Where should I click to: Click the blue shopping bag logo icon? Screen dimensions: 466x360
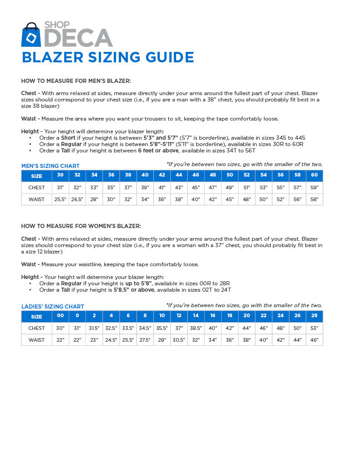click(31, 35)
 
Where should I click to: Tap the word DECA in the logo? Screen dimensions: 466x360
click(78, 38)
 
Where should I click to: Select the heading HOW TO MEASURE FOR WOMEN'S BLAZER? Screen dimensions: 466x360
click(81, 226)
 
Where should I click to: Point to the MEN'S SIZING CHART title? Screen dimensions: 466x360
click(51, 166)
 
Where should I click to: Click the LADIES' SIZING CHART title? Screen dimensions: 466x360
click(53, 307)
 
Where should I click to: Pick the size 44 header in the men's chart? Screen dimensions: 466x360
click(179, 175)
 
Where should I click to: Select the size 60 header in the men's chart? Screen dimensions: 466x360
click(314, 175)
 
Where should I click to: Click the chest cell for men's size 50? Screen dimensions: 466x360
click(230, 187)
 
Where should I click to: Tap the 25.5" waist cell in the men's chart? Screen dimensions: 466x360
click(61, 199)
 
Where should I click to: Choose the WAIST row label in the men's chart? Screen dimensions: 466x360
click(37, 199)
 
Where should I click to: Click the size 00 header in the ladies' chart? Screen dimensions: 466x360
click(61, 316)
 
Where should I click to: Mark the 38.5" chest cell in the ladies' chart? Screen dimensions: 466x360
click(196, 328)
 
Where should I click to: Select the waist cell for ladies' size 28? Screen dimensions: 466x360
click(314, 340)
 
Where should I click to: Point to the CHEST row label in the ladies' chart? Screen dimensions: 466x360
click(37, 328)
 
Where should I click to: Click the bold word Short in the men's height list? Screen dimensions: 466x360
click(68, 138)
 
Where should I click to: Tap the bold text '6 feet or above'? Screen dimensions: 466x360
click(158, 151)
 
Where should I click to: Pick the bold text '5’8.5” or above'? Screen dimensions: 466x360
click(134, 290)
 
